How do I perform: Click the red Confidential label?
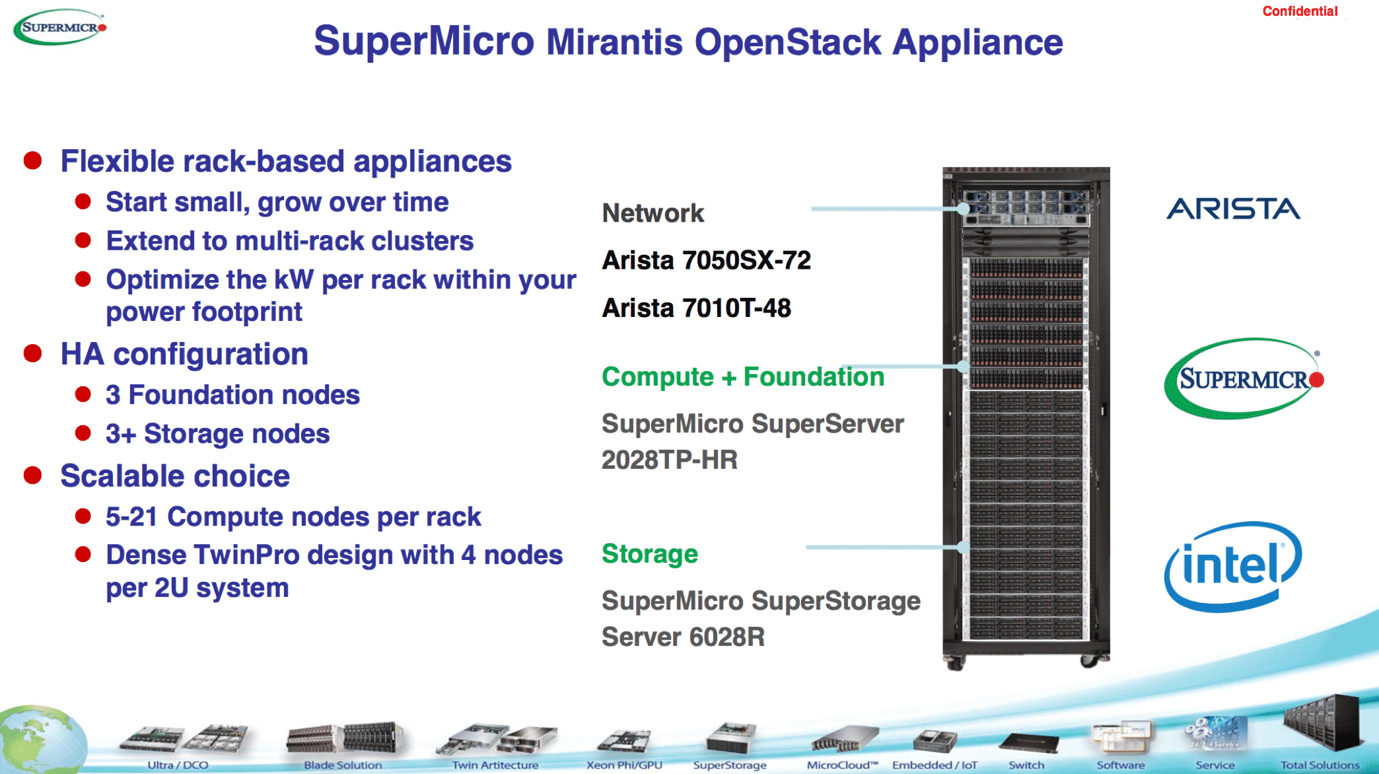(1299, 11)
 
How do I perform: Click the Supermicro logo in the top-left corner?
(60, 27)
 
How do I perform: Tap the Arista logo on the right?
(1233, 209)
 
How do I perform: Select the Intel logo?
(1232, 567)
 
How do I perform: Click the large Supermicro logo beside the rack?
(1243, 378)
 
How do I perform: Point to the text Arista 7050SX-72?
(706, 260)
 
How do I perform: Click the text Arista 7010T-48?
(696, 308)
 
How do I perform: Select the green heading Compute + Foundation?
(742, 376)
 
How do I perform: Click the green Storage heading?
(649, 553)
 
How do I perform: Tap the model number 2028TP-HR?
(669, 460)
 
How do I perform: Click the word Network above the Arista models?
(653, 213)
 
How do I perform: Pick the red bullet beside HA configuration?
(33, 353)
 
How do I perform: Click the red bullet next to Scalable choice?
(33, 475)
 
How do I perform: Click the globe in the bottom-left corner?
(40, 740)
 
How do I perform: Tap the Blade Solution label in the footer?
(343, 765)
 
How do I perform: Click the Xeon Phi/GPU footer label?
(624, 765)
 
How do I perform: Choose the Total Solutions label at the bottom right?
(1320, 765)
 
